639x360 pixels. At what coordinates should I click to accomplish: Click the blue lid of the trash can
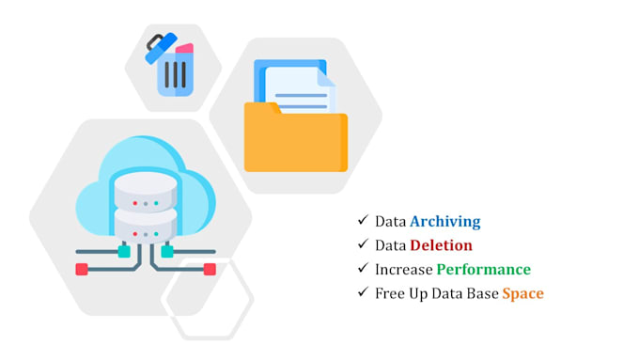161,47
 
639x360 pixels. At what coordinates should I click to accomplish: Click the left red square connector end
82,269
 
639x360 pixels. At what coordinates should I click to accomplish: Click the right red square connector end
210,269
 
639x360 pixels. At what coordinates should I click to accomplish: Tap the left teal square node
124,251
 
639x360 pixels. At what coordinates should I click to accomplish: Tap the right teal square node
167,251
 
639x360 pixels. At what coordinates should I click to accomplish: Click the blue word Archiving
444,222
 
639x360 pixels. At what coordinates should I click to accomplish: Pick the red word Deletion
441,245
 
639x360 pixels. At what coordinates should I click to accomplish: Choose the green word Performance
483,270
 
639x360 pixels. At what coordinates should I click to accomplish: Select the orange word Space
522,293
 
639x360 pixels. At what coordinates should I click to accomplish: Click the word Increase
403,270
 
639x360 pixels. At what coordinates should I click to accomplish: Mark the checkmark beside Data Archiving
362,221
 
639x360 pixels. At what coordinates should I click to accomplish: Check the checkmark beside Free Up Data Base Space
362,292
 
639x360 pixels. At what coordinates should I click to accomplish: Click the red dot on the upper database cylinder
135,202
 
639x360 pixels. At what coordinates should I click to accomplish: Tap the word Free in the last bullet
390,293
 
